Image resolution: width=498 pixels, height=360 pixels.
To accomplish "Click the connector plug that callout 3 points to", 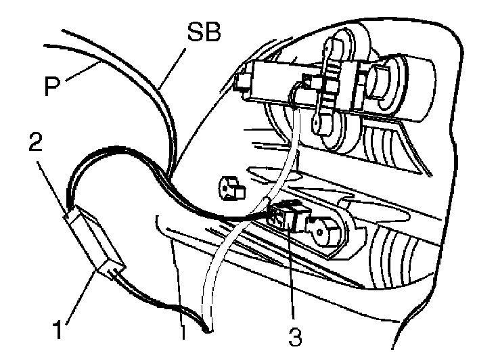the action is (x=288, y=215).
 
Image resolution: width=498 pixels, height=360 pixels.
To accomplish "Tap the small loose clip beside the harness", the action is (x=231, y=187).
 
